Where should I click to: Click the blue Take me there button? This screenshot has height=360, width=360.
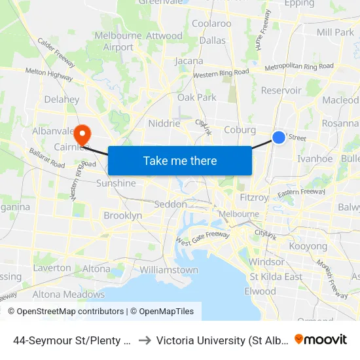pyautogui.click(x=180, y=160)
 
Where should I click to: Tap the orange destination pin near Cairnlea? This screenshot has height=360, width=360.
pyautogui.click(x=82, y=135)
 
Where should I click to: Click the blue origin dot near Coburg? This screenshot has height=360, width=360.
pyautogui.click(x=279, y=137)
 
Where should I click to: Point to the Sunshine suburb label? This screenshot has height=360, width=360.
pyautogui.click(x=116, y=183)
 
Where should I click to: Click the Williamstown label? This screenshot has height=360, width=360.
pyautogui.click(x=169, y=270)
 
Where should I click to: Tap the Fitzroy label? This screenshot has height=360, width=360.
pyautogui.click(x=254, y=197)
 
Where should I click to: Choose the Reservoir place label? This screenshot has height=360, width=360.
pyautogui.click(x=281, y=90)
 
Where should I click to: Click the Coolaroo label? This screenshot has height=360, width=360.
pyautogui.click(x=211, y=24)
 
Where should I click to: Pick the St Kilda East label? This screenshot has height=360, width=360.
pyautogui.click(x=276, y=277)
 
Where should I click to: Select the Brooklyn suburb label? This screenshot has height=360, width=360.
pyautogui.click(x=122, y=215)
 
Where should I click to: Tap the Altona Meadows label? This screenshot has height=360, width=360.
pyautogui.click(x=60, y=295)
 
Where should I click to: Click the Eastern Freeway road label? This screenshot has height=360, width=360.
pyautogui.click(x=300, y=192)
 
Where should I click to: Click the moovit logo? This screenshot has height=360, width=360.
pyautogui.click(x=321, y=339)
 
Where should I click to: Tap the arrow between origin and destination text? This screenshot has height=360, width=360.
pyautogui.click(x=145, y=340)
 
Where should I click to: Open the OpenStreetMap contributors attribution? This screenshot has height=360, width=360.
pyautogui.click(x=66, y=312)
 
